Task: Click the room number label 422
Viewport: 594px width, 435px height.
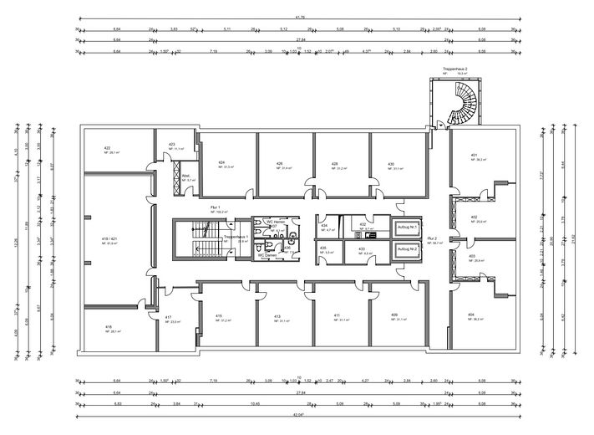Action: (x=108, y=147)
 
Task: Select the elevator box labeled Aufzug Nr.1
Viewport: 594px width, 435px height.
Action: (x=407, y=228)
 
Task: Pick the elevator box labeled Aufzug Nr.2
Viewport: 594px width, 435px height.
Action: (x=407, y=250)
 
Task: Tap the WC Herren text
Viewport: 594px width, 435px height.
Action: (x=277, y=222)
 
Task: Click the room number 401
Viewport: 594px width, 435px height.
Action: (x=473, y=155)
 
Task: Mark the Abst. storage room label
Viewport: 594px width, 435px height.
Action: (x=187, y=176)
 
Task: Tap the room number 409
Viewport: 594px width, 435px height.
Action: (x=393, y=315)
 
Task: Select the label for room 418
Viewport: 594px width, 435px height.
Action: (x=109, y=327)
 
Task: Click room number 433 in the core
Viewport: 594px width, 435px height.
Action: (x=362, y=249)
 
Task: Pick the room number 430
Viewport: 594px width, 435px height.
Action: (x=390, y=164)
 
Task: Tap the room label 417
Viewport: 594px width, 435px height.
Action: (x=168, y=317)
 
